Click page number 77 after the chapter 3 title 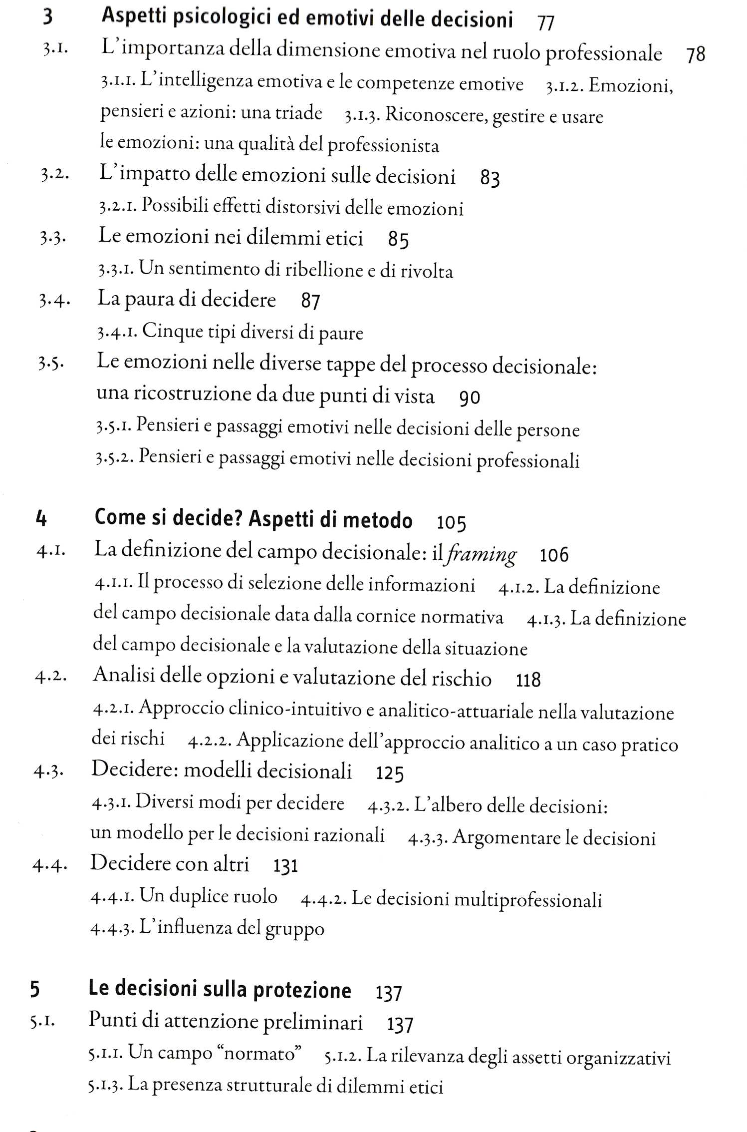[x=546, y=22]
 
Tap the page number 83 [x=490, y=178]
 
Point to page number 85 [x=398, y=241]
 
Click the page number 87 [x=310, y=302]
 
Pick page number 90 [x=469, y=398]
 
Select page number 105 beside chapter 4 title [x=451, y=523]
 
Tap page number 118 [x=528, y=680]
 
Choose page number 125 [x=389, y=773]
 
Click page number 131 [x=285, y=866]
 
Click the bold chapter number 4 [x=41, y=519]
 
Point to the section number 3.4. [x=54, y=301]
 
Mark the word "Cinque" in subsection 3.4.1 [x=165, y=332]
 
